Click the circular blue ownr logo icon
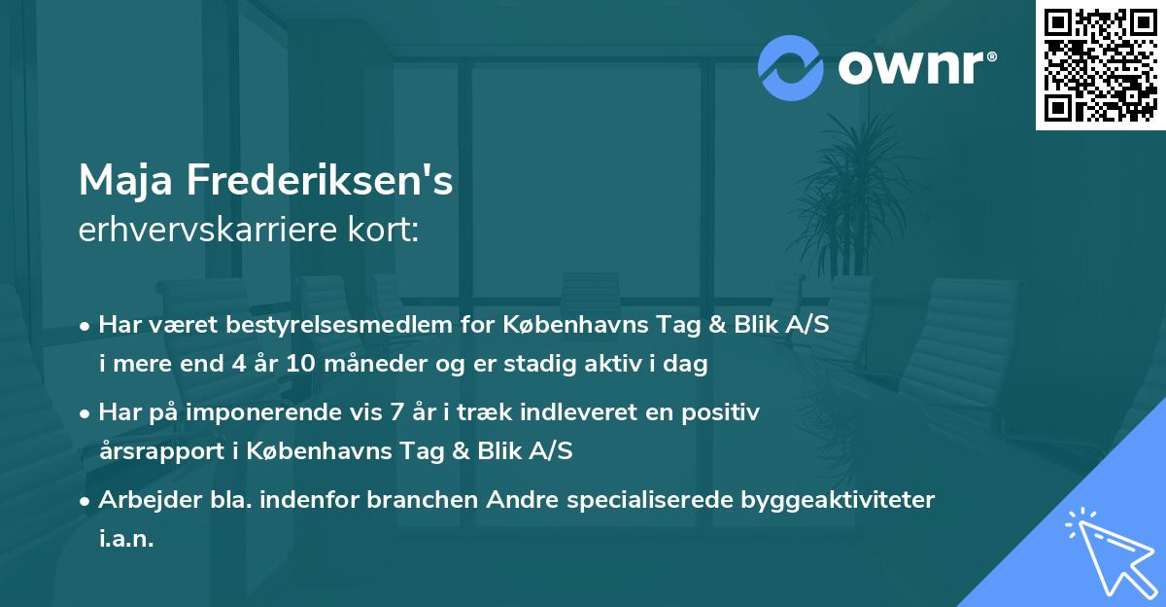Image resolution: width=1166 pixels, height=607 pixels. click(x=790, y=68)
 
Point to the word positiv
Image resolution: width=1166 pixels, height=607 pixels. click(x=716, y=412)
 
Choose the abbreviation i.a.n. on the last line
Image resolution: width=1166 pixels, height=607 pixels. click(x=126, y=539)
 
